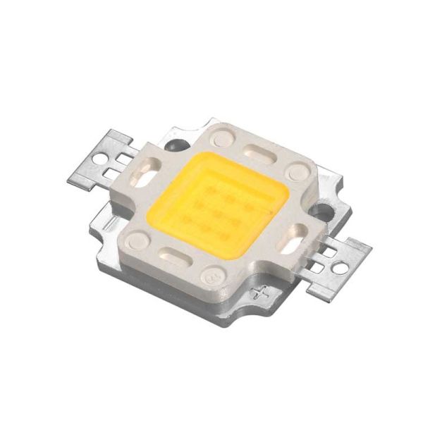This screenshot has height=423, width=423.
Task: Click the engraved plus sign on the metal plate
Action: point(263,290)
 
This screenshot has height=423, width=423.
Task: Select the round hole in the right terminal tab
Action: point(341,268)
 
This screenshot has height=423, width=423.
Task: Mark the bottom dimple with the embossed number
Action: point(211,277)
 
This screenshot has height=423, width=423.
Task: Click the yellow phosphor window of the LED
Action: point(215,200)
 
